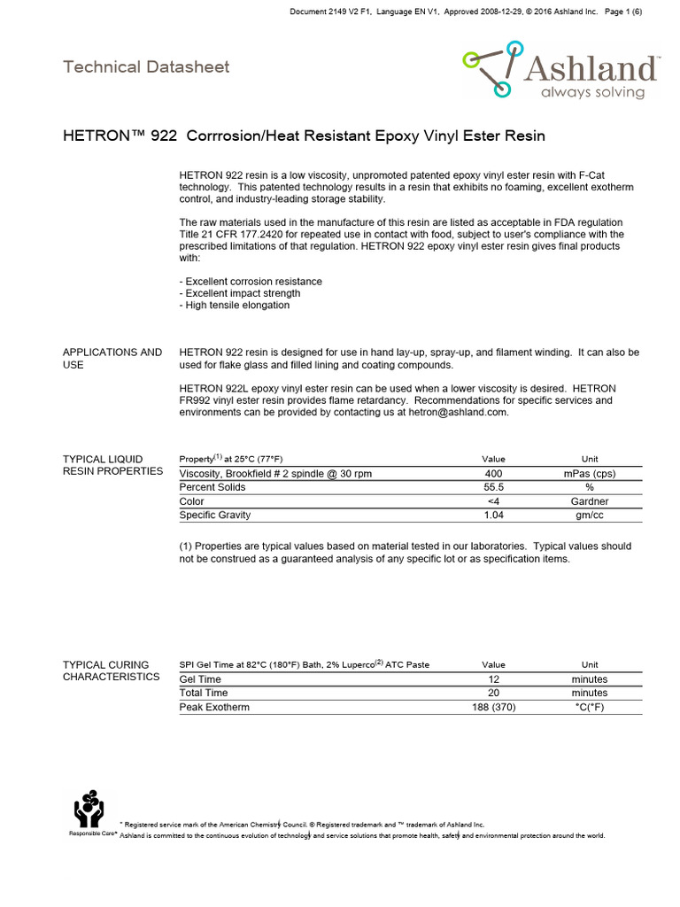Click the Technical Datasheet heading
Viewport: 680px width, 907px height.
[146, 66]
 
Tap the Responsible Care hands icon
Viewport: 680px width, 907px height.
[89, 808]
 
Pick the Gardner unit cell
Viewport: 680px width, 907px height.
[590, 501]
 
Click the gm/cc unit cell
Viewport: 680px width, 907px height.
[590, 515]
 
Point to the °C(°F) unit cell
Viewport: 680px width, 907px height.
[590, 707]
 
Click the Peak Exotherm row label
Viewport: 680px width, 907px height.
[214, 707]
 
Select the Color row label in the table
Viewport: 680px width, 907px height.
[192, 501]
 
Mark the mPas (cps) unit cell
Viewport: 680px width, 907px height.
[590, 474]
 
